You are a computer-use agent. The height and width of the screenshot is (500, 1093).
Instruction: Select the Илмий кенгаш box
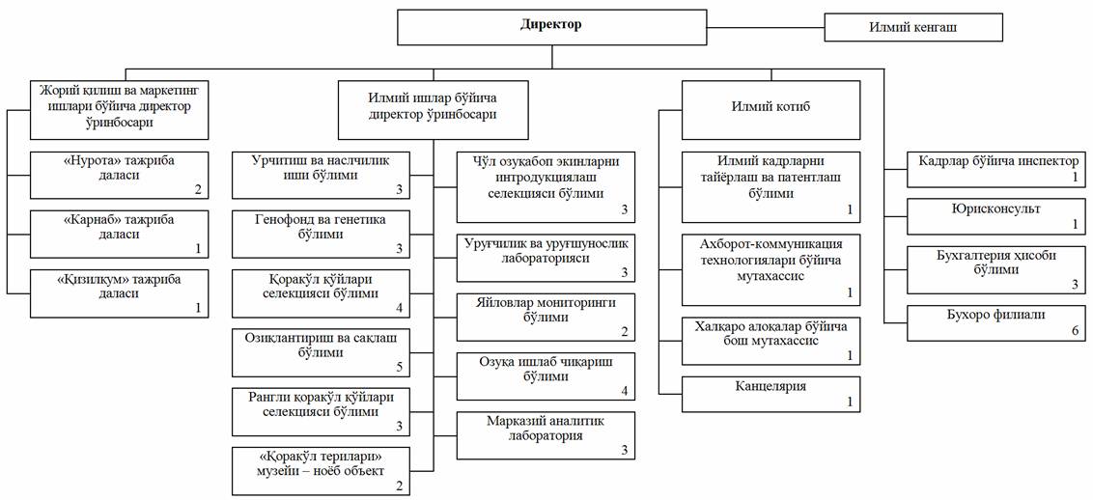tap(913, 28)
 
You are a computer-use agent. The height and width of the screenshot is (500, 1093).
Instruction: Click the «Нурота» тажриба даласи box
tap(121, 175)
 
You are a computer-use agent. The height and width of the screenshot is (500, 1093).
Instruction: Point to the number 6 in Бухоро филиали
tap(1075, 332)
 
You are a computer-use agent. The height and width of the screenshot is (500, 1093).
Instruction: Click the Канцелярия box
tap(771, 394)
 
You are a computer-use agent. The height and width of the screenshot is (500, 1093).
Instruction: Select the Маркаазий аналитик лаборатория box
tap(546, 435)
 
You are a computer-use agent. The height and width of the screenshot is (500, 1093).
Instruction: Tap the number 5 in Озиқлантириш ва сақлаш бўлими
tap(400, 367)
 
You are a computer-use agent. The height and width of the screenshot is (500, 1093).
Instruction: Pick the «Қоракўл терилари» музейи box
tap(322, 471)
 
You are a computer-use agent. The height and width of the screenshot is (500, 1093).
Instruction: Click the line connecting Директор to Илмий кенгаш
tap(766, 29)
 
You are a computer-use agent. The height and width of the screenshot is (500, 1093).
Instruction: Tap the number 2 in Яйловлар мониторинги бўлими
tap(625, 332)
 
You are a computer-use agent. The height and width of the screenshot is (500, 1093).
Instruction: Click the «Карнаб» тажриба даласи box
tap(121, 234)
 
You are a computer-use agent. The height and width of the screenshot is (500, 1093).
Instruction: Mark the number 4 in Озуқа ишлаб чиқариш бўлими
tap(625, 391)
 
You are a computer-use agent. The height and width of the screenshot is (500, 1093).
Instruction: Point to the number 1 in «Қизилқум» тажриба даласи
tap(199, 308)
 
